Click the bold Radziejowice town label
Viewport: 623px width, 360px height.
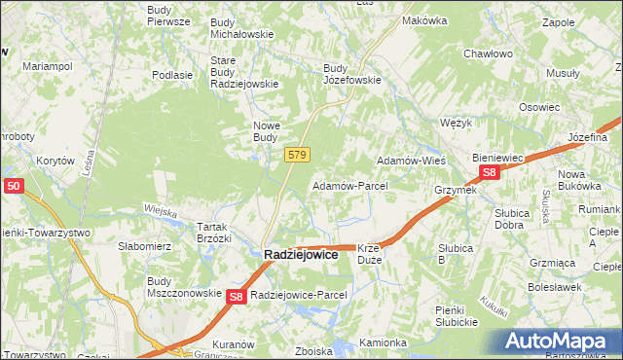[302, 254]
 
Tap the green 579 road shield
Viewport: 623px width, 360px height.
[298, 155]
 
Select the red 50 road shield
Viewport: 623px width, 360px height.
[13, 185]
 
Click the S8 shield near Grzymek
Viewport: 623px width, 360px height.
[490, 173]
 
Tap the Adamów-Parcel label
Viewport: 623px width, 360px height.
[349, 185]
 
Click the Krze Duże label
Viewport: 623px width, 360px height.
[375, 254]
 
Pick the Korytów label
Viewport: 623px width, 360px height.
[55, 161]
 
